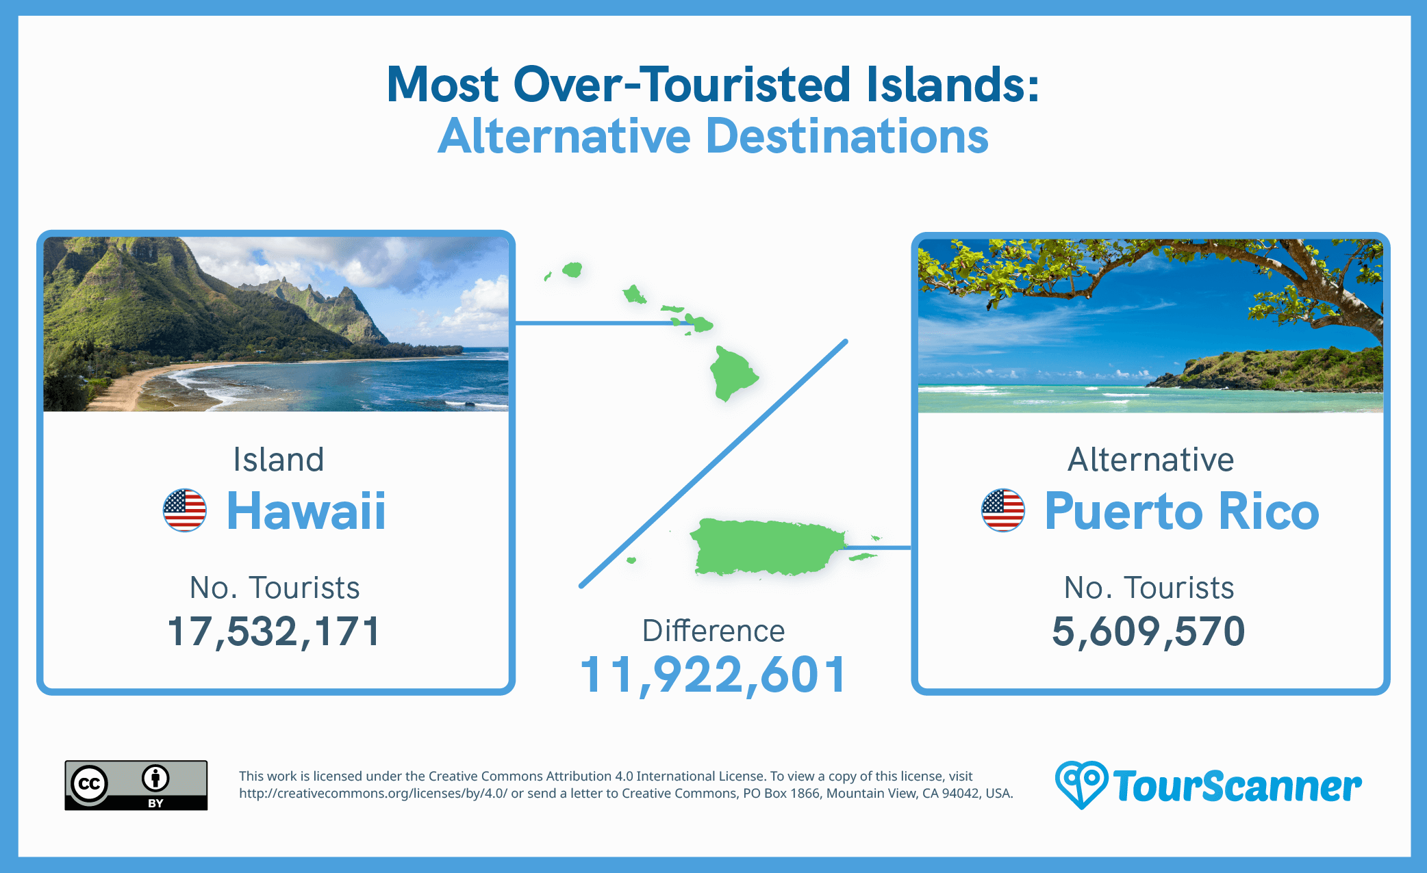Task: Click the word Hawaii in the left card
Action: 306,511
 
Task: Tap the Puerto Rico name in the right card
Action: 1181,511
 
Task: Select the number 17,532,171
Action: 273,631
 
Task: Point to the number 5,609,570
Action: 1148,631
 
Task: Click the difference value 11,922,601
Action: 713,675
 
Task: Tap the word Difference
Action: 713,631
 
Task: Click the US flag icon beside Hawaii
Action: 185,510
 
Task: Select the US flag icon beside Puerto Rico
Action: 1003,510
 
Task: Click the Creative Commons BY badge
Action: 136,785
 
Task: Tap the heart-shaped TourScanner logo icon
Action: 1081,784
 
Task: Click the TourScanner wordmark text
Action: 1237,787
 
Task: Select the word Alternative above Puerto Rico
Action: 1150,459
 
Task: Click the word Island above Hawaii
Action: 278,459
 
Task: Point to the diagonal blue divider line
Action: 713,464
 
